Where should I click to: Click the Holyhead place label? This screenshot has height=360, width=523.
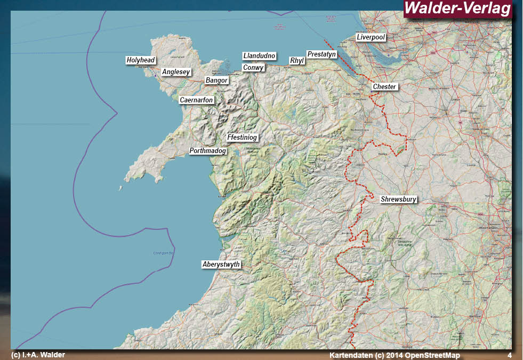pos(141,61)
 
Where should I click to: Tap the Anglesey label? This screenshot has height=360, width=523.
pos(176,72)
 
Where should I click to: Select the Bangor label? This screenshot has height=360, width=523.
pos(216,81)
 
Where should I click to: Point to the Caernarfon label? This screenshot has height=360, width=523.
pos(196,100)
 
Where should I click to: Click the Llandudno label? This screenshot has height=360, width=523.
pos(259,56)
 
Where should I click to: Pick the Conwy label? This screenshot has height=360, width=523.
pos(253,68)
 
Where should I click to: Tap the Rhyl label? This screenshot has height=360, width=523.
pos(296,61)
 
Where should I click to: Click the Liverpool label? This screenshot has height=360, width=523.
pos(371,37)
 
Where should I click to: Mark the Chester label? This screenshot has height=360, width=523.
pos(385,87)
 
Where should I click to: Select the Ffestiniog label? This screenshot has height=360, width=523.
pos(242,138)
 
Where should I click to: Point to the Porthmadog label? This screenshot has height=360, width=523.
pos(208,151)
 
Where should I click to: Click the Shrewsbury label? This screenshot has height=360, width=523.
pos(398,200)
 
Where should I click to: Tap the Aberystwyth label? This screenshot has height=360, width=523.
pos(221,265)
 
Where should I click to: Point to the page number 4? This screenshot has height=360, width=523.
pos(509,355)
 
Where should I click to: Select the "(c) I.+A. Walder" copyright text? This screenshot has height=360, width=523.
pos(38,355)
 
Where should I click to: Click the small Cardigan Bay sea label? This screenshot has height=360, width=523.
pos(164,253)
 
